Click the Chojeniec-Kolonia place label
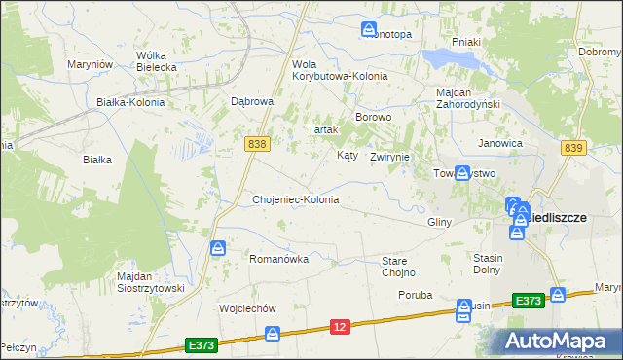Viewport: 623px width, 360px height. pyautogui.click(x=295, y=199)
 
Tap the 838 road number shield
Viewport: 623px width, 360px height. pyautogui.click(x=257, y=143)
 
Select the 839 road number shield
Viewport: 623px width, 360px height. pyautogui.click(x=573, y=147)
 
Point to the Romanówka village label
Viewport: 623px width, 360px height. pyautogui.click(x=279, y=259)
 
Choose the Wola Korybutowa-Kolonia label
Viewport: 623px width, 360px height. pyautogui.click(x=340, y=70)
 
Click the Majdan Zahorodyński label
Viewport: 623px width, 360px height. pyautogui.click(x=467, y=98)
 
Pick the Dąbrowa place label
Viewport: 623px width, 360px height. pyautogui.click(x=252, y=100)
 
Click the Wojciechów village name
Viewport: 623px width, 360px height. pyautogui.click(x=248, y=307)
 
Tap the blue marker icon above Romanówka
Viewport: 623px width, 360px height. pyautogui.click(x=219, y=249)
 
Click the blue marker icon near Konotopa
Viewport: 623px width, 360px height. pyautogui.click(x=369, y=30)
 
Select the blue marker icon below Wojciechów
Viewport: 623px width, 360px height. pyautogui.click(x=274, y=334)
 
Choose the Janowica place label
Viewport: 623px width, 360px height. pyautogui.click(x=500, y=143)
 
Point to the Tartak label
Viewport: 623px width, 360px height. pyautogui.click(x=322, y=129)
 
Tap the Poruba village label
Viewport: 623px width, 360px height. pyautogui.click(x=415, y=293)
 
